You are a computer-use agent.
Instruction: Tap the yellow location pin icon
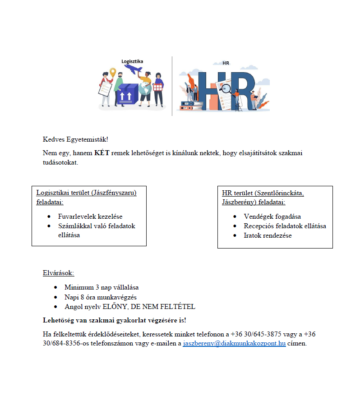[113, 72]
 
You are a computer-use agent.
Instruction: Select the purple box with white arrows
[127, 94]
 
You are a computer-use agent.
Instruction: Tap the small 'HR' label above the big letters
[226, 63]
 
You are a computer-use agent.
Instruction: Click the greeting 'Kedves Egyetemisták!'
[75, 139]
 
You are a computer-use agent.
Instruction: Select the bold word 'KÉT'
[102, 153]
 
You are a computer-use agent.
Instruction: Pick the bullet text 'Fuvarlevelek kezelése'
[90, 216]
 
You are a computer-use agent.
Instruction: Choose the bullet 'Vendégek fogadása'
[272, 216]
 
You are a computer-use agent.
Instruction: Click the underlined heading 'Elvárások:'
[58, 273]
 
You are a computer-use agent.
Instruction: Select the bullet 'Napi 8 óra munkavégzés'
[100, 297]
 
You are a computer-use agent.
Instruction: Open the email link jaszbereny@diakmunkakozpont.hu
[234, 344]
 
